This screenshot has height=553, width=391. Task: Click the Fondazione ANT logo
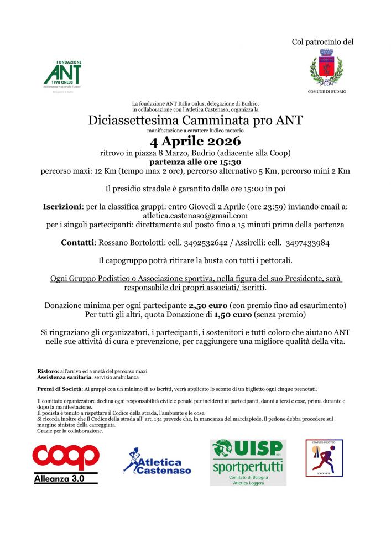[62, 76]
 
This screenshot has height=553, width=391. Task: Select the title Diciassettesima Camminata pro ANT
[195, 120]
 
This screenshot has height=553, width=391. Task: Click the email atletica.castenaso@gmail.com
[195, 216]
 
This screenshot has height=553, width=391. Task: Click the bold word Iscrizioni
[62, 206]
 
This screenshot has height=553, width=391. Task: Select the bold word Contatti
[77, 243]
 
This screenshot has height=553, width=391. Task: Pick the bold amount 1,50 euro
[236, 315]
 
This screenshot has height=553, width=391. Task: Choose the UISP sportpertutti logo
[248, 462]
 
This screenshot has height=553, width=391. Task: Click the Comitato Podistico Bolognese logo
[324, 458]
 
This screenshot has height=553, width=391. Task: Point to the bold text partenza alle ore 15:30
[195, 162]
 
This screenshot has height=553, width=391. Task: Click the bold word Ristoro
[47, 370]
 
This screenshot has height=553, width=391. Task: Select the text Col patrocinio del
[322, 41]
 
